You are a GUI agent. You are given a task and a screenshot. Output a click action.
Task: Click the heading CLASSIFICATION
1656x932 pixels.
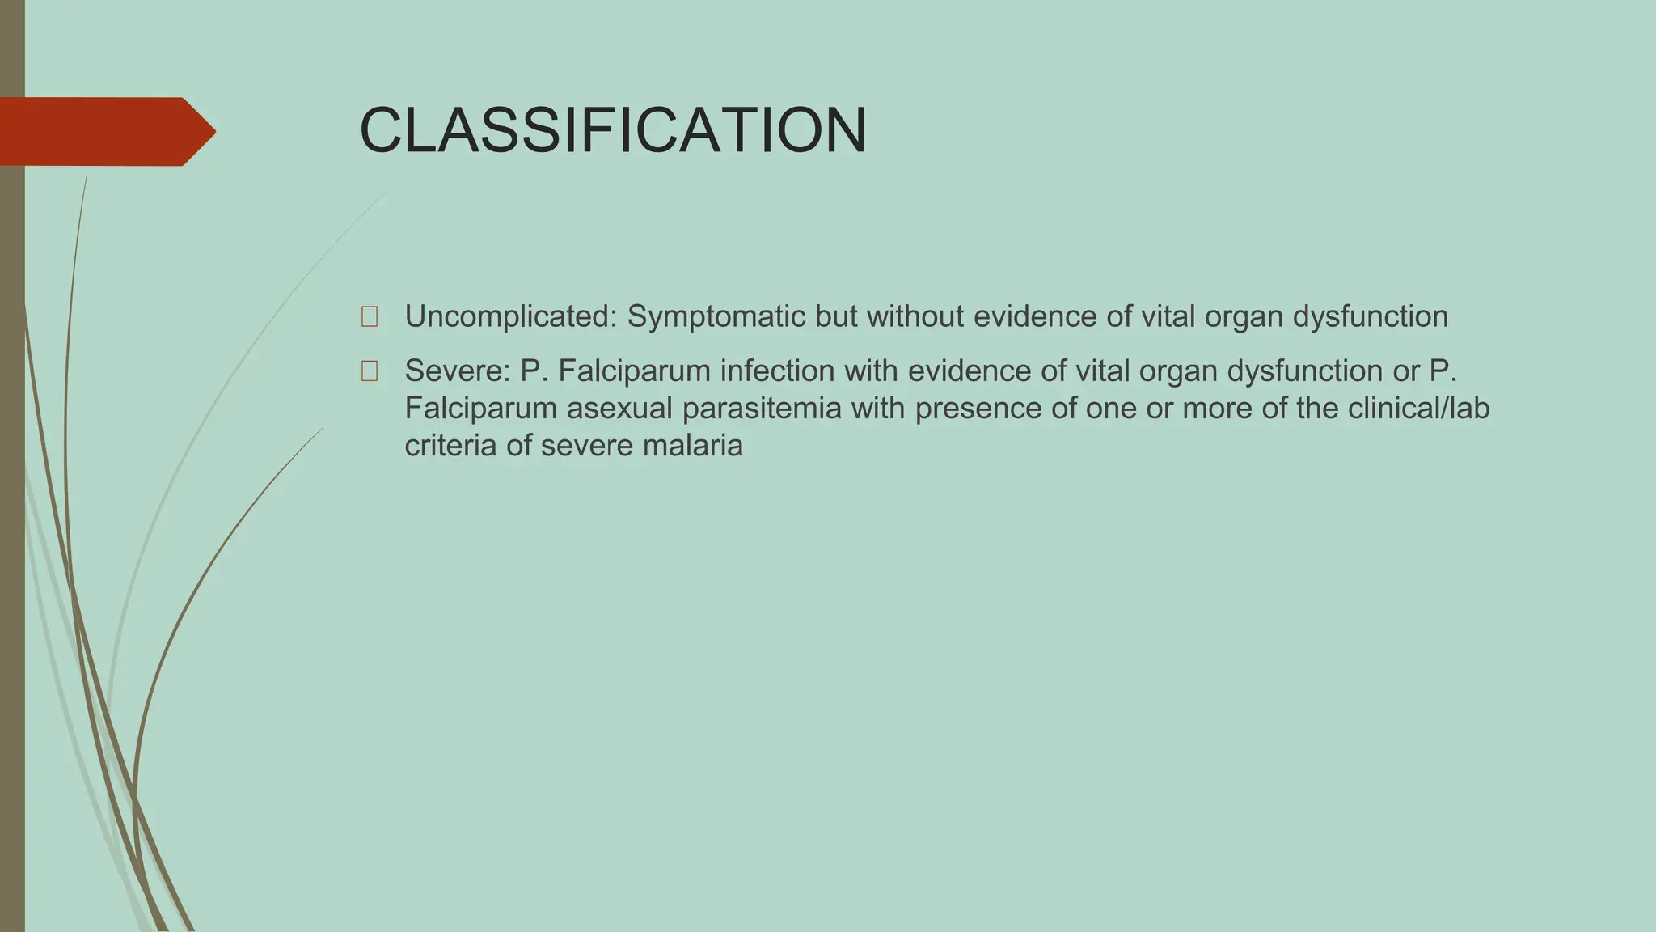point(613,131)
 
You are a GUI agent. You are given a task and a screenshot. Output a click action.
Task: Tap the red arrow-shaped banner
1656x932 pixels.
point(105,131)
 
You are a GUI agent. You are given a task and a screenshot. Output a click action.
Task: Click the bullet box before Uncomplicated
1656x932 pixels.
point(370,317)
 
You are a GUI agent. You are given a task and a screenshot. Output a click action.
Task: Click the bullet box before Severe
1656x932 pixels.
point(370,371)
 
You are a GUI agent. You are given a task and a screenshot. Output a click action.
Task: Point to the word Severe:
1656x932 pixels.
point(458,371)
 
